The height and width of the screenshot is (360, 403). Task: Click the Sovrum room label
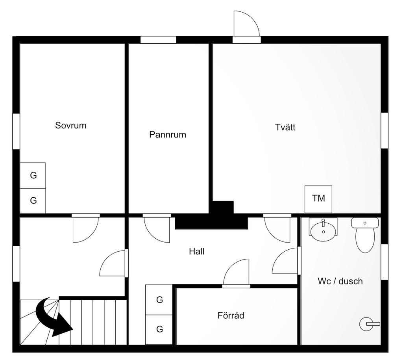point(71,126)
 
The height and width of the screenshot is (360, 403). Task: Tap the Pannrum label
point(168,135)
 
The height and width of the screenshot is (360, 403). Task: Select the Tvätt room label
point(285,128)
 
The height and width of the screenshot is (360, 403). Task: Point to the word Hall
point(197,251)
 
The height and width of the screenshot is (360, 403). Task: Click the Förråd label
point(231,315)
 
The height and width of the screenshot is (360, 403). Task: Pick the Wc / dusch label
point(340,281)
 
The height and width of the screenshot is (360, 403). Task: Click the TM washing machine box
point(318,199)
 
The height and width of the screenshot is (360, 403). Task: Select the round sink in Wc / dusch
point(324,229)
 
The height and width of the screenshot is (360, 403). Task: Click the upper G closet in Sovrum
point(33,176)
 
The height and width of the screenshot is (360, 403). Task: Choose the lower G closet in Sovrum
point(33,201)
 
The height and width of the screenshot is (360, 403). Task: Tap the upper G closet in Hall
point(159,300)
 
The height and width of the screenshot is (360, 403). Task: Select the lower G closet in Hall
point(159,329)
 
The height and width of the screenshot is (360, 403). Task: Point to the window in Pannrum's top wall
point(158,40)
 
